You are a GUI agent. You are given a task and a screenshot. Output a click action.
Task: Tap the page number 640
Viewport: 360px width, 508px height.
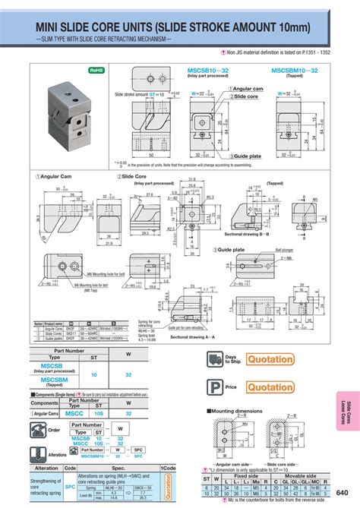coord(343,491)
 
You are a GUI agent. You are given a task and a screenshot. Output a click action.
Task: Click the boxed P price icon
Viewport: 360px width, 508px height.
coord(213,387)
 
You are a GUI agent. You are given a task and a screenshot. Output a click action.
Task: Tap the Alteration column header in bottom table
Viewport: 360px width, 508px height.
coord(48,469)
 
